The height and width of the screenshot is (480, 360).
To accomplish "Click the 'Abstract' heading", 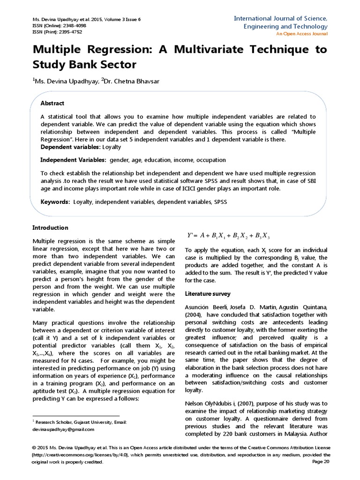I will click(52, 103).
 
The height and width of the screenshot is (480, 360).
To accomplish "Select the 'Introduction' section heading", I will click(50, 228).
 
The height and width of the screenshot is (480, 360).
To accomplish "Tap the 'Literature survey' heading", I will click(208, 294).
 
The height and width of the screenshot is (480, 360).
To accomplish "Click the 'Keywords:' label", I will click(55, 202).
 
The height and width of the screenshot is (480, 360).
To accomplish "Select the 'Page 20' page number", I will click(321, 462).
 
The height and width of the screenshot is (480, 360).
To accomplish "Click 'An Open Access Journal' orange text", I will click(301, 34).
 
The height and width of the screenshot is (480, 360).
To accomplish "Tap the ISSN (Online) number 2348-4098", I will click(73, 25).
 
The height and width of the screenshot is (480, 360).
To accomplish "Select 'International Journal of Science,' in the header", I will click(281, 18).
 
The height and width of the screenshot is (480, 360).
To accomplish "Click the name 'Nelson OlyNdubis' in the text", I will click(209, 404).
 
